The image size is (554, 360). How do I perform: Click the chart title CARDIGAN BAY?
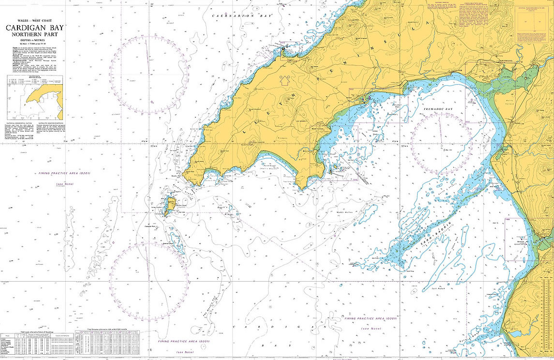[34, 28]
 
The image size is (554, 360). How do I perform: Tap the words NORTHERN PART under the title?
[34, 35]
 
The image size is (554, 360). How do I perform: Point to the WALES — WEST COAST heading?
[34, 21]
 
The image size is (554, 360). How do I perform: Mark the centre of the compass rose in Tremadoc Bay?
[442, 143]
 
